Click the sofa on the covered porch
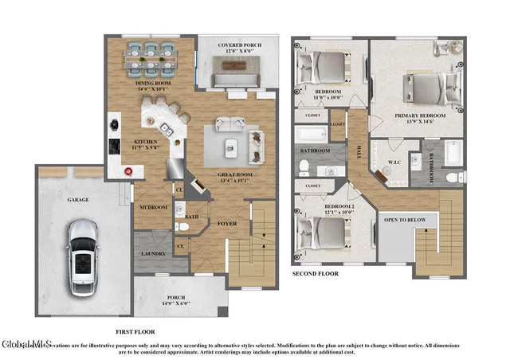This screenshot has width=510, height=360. pyautogui.click(x=236, y=78)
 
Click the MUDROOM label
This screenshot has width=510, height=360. pyautogui.click(x=153, y=206)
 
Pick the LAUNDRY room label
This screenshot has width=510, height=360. pyautogui.click(x=153, y=254)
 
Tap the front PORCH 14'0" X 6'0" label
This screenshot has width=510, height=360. pyautogui.click(x=181, y=299)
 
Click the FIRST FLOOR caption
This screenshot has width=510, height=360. pyautogui.click(x=135, y=331)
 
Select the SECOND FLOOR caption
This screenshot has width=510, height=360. pyautogui.click(x=315, y=273)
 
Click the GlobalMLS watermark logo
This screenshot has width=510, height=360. pyautogui.click(x=26, y=344)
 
